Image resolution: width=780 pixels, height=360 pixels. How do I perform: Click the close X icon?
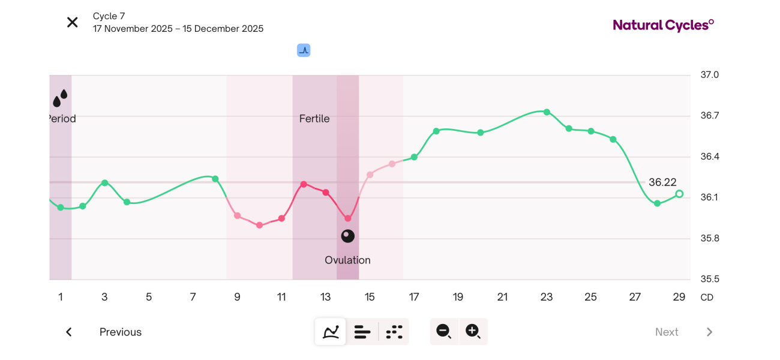pyautogui.click(x=73, y=23)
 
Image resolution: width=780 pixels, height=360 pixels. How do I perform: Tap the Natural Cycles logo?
pyautogui.click(x=663, y=25)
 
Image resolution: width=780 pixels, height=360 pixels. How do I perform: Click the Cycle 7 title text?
pyautogui.click(x=109, y=16)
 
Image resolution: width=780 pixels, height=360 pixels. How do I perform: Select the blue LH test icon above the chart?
pyautogui.click(x=304, y=50)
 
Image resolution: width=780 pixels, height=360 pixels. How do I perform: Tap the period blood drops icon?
pyautogui.click(x=60, y=98)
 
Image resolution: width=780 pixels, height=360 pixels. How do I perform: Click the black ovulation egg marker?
pyautogui.click(x=348, y=236)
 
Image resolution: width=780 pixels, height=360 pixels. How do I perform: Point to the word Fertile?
pyautogui.click(x=314, y=119)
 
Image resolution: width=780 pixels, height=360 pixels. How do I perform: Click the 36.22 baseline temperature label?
pyautogui.click(x=662, y=182)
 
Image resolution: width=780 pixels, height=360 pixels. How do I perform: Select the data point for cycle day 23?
pyautogui.click(x=547, y=112)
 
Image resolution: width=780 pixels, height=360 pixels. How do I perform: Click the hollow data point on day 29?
pyautogui.click(x=679, y=194)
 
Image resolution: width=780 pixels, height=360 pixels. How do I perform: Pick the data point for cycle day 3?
pyautogui.click(x=104, y=182)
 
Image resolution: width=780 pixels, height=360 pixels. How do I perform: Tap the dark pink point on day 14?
pyautogui.click(x=348, y=218)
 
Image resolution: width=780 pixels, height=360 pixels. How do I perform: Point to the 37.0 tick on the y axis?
pyautogui.click(x=709, y=75)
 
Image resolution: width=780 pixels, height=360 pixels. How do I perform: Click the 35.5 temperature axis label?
pyautogui.click(x=709, y=280)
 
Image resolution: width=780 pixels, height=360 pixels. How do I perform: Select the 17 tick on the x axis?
pyautogui.click(x=414, y=297)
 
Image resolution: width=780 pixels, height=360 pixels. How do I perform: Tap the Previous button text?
pyautogui.click(x=121, y=332)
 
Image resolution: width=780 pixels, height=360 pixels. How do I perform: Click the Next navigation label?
pyautogui.click(x=667, y=332)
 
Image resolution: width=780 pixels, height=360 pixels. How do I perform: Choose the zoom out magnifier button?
pyautogui.click(x=444, y=331)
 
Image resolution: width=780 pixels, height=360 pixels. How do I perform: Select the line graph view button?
pyautogui.click(x=331, y=332)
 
